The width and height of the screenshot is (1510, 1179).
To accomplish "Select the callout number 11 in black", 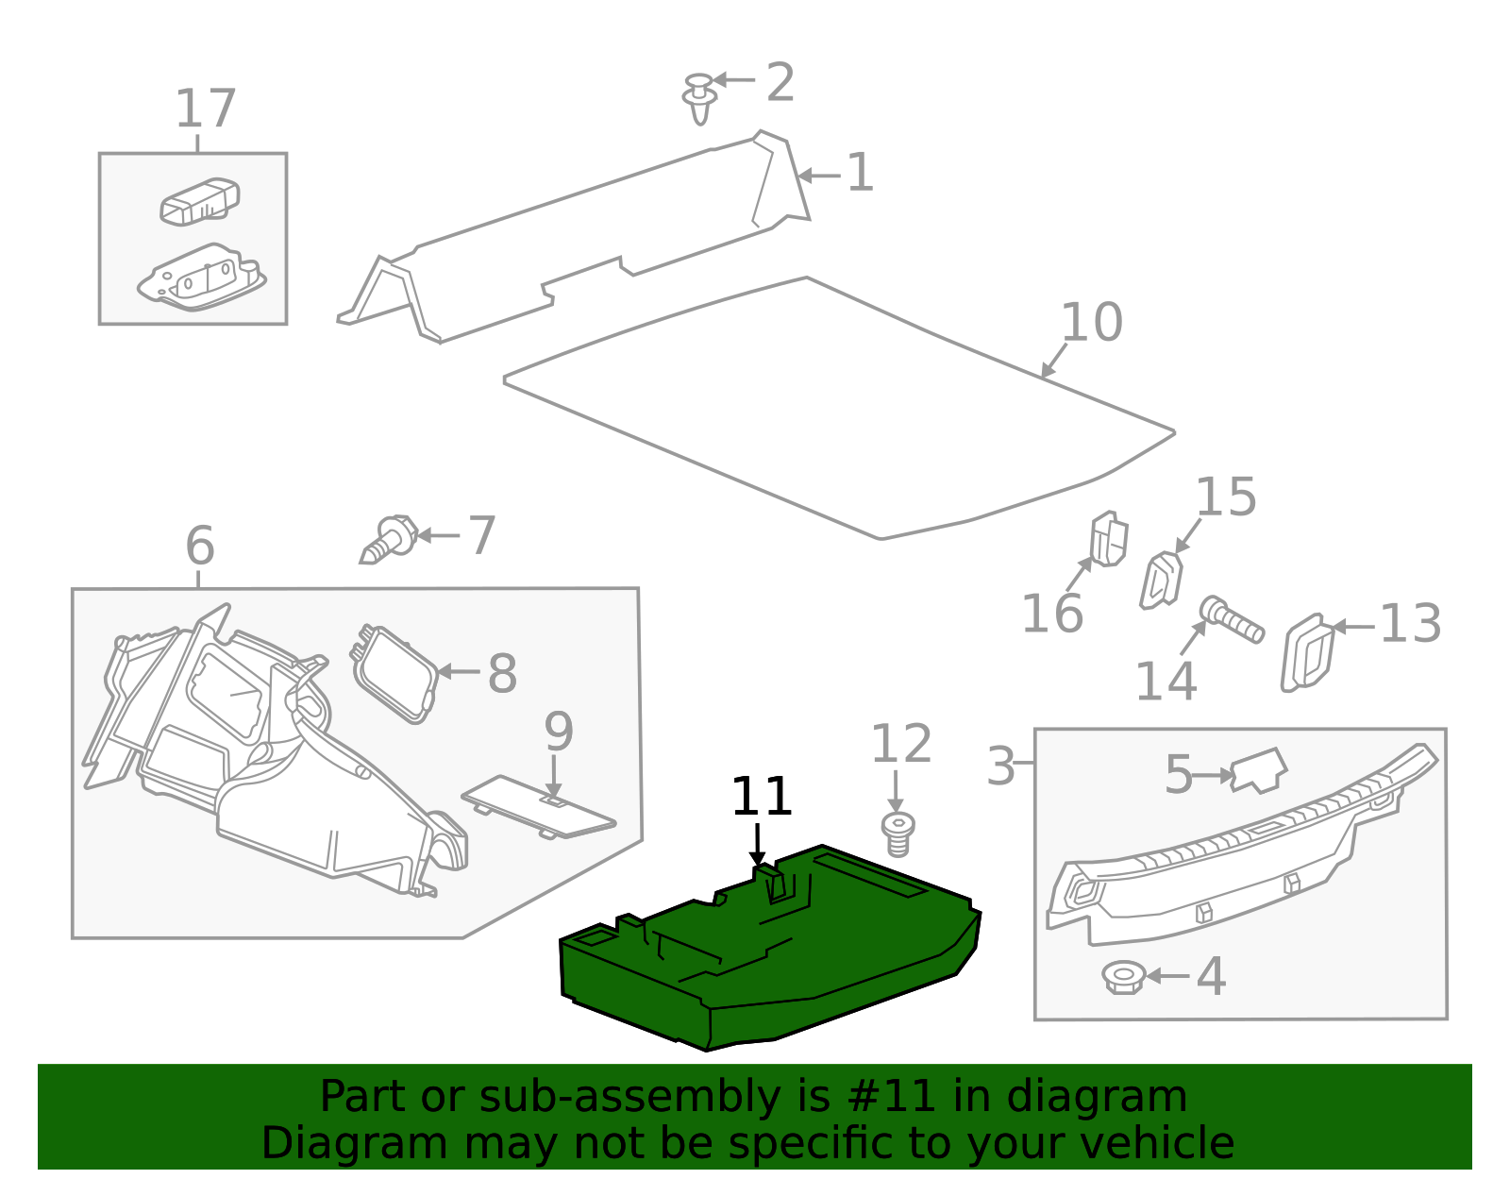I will (x=761, y=798).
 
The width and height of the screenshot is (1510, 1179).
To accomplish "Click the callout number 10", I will (x=1091, y=323).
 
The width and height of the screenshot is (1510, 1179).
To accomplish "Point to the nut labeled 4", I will (x=1123, y=977).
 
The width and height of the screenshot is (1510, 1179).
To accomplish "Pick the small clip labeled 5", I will (x=1259, y=770).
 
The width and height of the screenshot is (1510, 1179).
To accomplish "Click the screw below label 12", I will (x=898, y=834).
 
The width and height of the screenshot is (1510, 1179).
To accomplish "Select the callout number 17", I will (x=205, y=109).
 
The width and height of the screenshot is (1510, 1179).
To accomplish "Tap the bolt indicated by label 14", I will (x=1232, y=620).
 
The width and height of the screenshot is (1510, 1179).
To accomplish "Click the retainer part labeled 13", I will (x=1308, y=652).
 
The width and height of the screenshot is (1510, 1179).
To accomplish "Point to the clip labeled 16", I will (x=1108, y=539).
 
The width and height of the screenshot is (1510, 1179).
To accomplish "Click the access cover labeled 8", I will (x=395, y=672).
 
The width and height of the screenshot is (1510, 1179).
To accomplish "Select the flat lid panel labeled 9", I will (x=538, y=805).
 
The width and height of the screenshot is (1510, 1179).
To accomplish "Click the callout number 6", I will (x=199, y=547).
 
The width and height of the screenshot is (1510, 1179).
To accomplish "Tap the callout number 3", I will (x=1000, y=766).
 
